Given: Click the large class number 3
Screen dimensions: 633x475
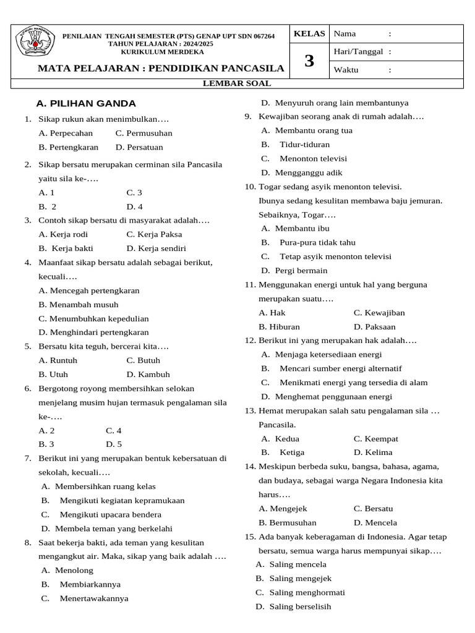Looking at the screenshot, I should (309, 61).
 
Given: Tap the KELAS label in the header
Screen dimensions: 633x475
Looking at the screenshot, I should (309, 33).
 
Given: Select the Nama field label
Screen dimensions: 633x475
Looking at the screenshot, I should (345, 33).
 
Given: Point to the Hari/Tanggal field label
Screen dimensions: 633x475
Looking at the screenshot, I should (359, 52).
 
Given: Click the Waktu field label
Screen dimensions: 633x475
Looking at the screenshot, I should (346, 70).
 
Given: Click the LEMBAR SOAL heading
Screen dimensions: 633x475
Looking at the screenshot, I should (237, 83).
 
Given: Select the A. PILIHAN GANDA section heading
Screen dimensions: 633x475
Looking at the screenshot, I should (86, 103).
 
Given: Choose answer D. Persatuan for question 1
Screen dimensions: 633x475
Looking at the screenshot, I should (139, 147).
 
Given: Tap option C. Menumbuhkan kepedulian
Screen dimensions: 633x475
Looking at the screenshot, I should (93, 318).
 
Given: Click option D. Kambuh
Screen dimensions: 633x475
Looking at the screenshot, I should (148, 374).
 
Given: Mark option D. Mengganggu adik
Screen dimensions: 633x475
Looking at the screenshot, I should (301, 172).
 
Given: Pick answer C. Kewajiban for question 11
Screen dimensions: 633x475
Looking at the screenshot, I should (379, 313).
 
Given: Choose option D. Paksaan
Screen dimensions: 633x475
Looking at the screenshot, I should (375, 326).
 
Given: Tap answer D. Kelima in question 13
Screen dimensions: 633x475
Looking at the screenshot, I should (373, 452).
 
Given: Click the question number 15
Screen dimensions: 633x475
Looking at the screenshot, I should (250, 537).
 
